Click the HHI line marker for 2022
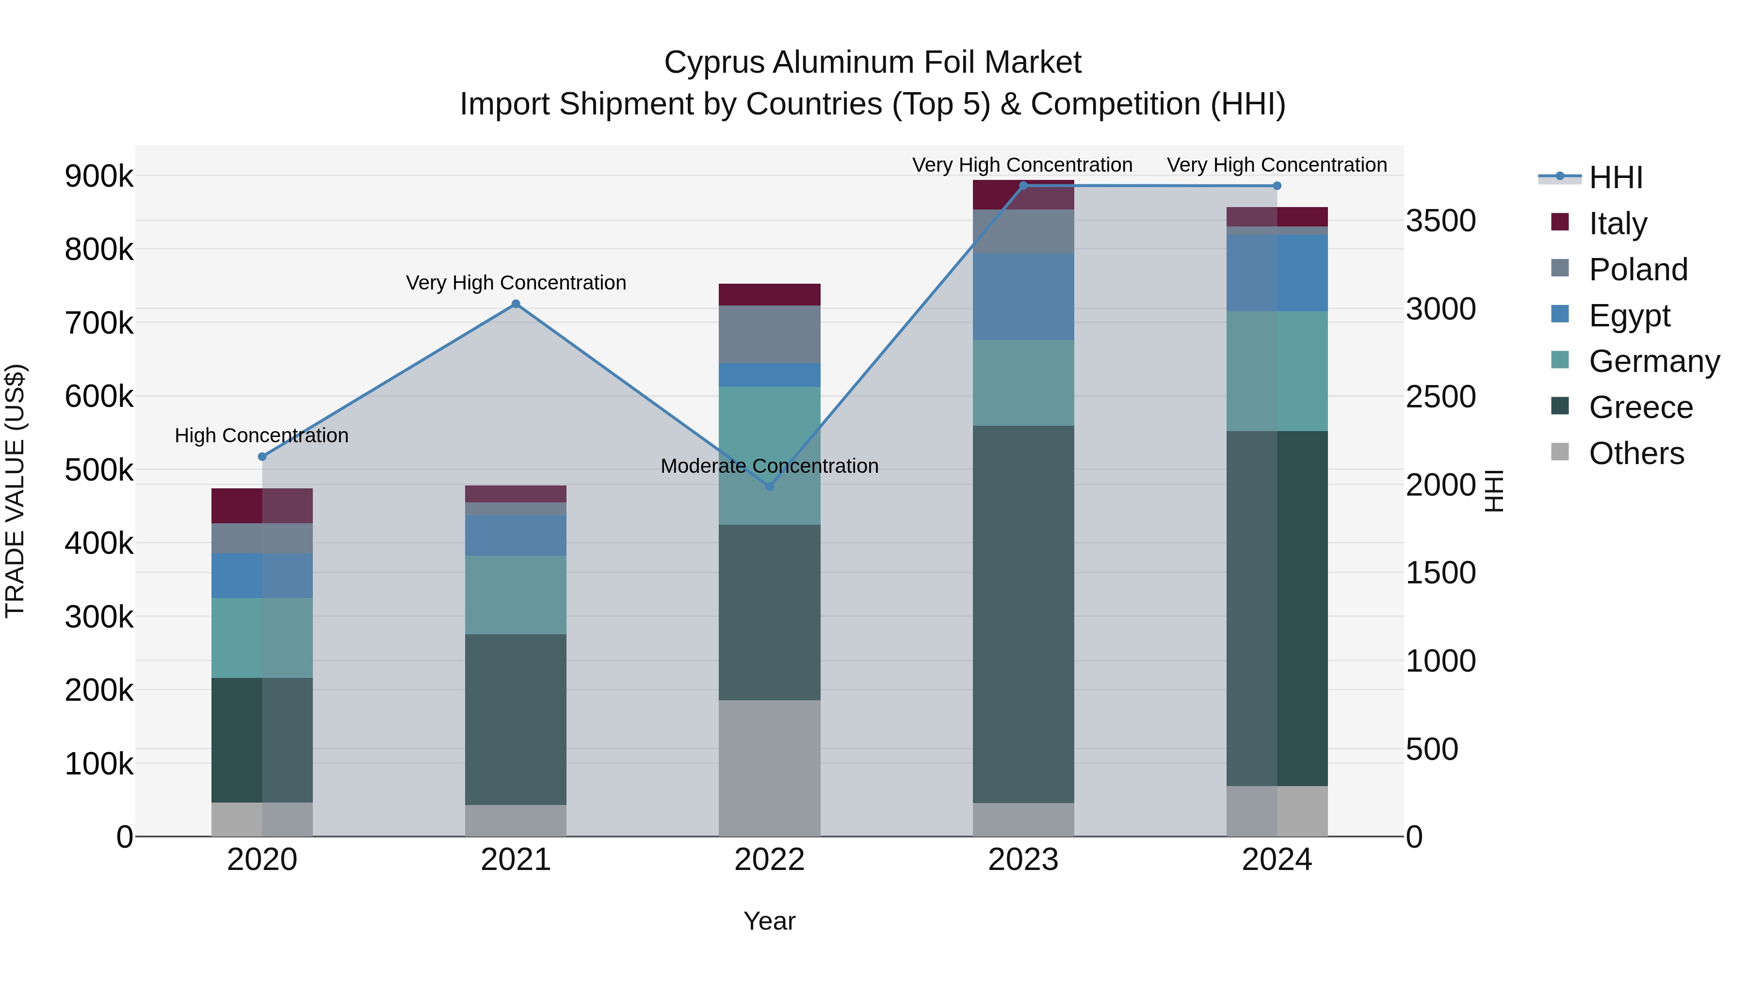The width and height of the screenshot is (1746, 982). tap(769, 486)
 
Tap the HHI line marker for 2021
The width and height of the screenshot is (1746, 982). tap(516, 304)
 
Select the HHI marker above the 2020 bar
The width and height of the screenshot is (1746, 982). tap(262, 457)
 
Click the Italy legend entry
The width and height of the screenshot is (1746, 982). tap(1617, 224)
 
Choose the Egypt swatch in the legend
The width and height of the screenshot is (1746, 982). tap(1560, 314)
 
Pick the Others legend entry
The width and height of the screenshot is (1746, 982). tap(1635, 453)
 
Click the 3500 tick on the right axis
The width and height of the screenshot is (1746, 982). tap(1441, 221)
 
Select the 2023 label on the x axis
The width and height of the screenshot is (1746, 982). tap(1023, 860)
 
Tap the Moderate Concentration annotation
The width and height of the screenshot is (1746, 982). tap(769, 466)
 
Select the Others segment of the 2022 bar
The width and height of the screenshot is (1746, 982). tap(769, 767)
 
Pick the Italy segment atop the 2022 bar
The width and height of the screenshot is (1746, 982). tap(769, 295)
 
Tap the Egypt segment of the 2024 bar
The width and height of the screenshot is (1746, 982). tap(1277, 273)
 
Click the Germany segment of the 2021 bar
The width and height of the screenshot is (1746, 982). tap(516, 595)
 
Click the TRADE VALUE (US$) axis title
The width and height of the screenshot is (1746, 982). tap(16, 491)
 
